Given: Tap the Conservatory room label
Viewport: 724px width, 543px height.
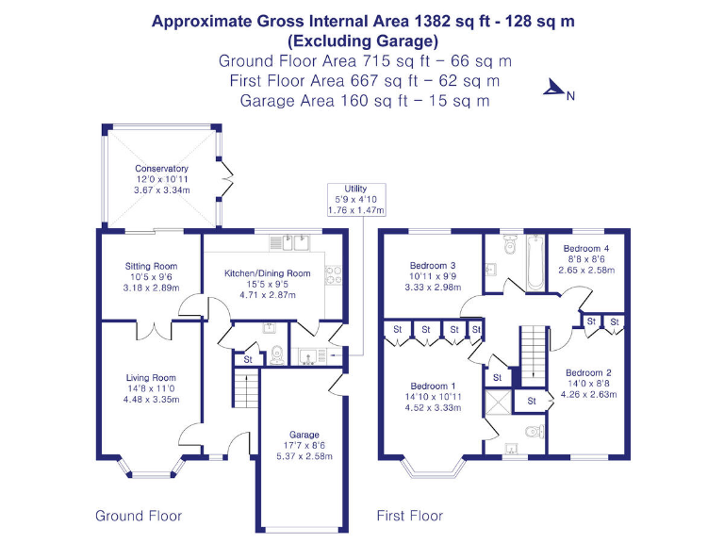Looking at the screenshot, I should point(161,169).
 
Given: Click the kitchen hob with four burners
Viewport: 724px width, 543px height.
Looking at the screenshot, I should point(333,274).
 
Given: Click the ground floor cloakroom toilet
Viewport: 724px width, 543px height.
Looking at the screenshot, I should point(276,355).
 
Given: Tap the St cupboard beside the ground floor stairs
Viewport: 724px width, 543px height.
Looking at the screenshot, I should point(248,359).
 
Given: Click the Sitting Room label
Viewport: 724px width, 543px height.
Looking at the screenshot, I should point(151,267).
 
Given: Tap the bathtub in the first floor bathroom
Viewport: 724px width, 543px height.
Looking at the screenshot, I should point(534,262).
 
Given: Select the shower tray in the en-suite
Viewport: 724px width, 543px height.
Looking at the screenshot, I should point(497,402).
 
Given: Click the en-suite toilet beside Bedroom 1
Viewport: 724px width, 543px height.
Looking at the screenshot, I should point(533,433).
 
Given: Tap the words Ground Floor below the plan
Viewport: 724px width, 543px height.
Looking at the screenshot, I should point(139,516).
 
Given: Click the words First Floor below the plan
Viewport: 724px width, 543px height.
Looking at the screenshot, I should point(410,516).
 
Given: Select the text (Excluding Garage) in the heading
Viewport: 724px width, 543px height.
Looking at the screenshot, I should point(363,41).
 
